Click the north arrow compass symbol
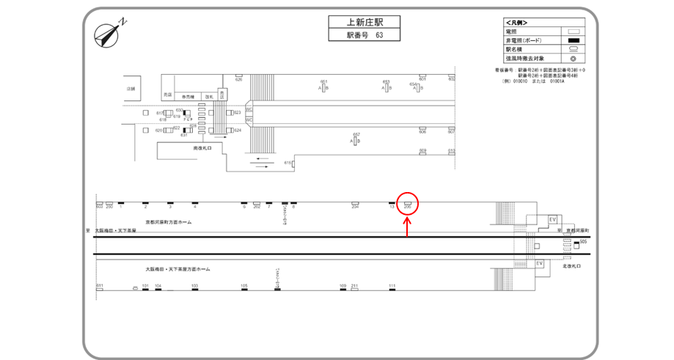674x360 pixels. (110, 33)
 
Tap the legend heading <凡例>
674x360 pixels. (517, 23)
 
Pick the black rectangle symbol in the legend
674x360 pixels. (574, 40)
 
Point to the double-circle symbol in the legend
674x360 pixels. (574, 57)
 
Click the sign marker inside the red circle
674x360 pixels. (407, 202)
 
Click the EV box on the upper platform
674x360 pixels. (553, 218)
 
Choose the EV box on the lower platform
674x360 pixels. (540, 262)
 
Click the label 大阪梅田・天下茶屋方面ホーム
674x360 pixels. (177, 269)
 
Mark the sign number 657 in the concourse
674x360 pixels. (356, 134)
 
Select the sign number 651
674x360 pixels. (324, 81)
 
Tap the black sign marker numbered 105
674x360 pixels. (243, 285)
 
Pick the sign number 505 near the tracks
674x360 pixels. (583, 240)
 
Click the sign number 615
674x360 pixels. (287, 162)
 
